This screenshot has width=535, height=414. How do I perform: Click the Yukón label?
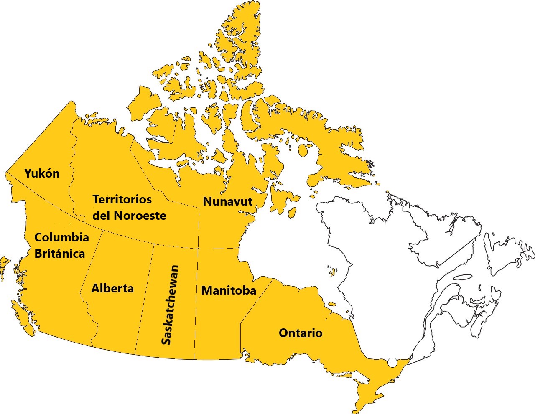tap(42, 173)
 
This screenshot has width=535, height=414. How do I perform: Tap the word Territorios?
tap(122, 199)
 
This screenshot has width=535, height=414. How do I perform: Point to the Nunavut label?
tap(228, 201)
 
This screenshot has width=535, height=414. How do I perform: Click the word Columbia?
tap(61, 237)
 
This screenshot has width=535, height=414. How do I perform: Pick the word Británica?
tap(59, 254)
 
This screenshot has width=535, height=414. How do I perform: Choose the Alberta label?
tap(112, 288)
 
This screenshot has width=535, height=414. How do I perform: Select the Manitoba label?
tap(229, 290)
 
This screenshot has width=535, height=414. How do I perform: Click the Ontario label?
tap(301, 333)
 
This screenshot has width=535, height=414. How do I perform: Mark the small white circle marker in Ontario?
tap(392, 363)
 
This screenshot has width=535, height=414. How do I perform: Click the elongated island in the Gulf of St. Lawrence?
tap(462, 277)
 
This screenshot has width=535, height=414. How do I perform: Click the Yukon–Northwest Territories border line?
tap(72, 167)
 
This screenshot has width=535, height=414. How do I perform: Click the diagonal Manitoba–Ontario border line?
tap(256, 301)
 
